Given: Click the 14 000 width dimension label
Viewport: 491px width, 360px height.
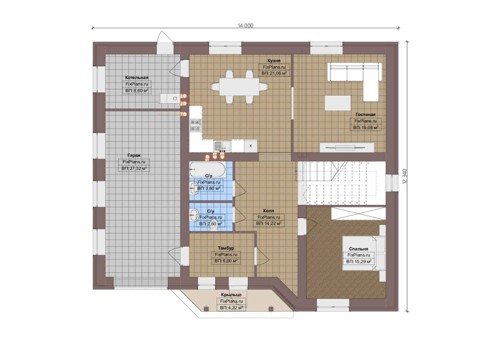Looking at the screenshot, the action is click(245, 26).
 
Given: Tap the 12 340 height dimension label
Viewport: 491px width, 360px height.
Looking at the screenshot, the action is click(405, 176).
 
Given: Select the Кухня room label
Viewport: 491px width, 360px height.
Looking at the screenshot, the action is click(274, 61).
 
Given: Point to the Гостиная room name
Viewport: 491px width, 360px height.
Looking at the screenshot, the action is click(365, 115).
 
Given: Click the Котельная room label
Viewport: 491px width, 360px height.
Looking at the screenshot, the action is click(137, 78).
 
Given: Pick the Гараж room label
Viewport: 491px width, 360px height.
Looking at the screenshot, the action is click(134, 156).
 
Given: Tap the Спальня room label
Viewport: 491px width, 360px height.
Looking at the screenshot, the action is click(359, 249).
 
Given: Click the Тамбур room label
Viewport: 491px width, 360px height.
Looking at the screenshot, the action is click(226, 248).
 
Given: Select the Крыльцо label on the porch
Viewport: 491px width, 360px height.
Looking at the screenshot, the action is click(231, 295).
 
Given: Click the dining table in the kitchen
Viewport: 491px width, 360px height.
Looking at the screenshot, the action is click(239, 87).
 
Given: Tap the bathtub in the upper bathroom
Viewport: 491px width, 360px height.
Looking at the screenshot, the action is click(208, 169).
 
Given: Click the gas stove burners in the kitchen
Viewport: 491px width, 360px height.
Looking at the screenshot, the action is click(196, 125).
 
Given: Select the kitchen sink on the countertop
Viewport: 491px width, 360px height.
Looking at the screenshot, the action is click(222, 146).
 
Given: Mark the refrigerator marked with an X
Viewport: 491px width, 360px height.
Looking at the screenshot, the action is click(250, 146).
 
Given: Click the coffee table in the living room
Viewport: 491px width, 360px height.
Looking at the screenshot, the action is click(338, 103).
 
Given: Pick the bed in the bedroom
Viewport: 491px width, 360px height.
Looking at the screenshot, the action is click(364, 253).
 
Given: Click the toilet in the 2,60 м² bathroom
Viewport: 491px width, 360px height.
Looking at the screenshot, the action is click(214, 228).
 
